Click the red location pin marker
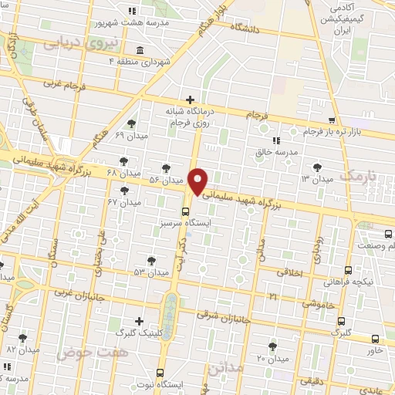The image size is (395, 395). (x=198, y=181)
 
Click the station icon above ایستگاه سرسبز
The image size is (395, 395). (x=186, y=211)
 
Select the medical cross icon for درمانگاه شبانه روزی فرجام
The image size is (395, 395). (x=190, y=100)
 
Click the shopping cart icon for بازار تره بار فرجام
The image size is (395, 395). (x=332, y=120)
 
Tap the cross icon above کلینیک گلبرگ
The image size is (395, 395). (x=139, y=321)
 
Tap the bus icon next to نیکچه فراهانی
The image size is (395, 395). (x=348, y=270)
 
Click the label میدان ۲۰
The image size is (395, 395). (x=272, y=359)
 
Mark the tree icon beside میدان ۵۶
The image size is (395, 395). (x=167, y=167)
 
